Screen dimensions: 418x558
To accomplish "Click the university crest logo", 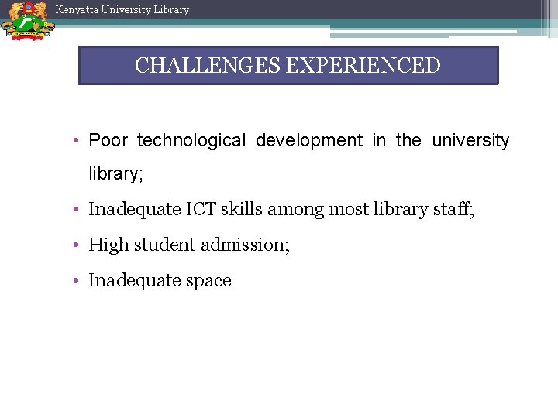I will coord(27,21).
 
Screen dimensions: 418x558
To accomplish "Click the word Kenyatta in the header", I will coord(77,10).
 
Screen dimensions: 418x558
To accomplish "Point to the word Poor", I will coord(108,141).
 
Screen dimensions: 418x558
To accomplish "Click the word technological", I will coord(191,141).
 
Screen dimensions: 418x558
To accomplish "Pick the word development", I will coord(308,141).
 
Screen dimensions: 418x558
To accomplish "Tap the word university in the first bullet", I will coord(470,141).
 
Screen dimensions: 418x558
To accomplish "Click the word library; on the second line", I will coord(116,174).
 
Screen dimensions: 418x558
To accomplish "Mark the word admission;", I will coord(245,245).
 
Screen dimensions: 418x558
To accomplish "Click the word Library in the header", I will coord(170,10).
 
